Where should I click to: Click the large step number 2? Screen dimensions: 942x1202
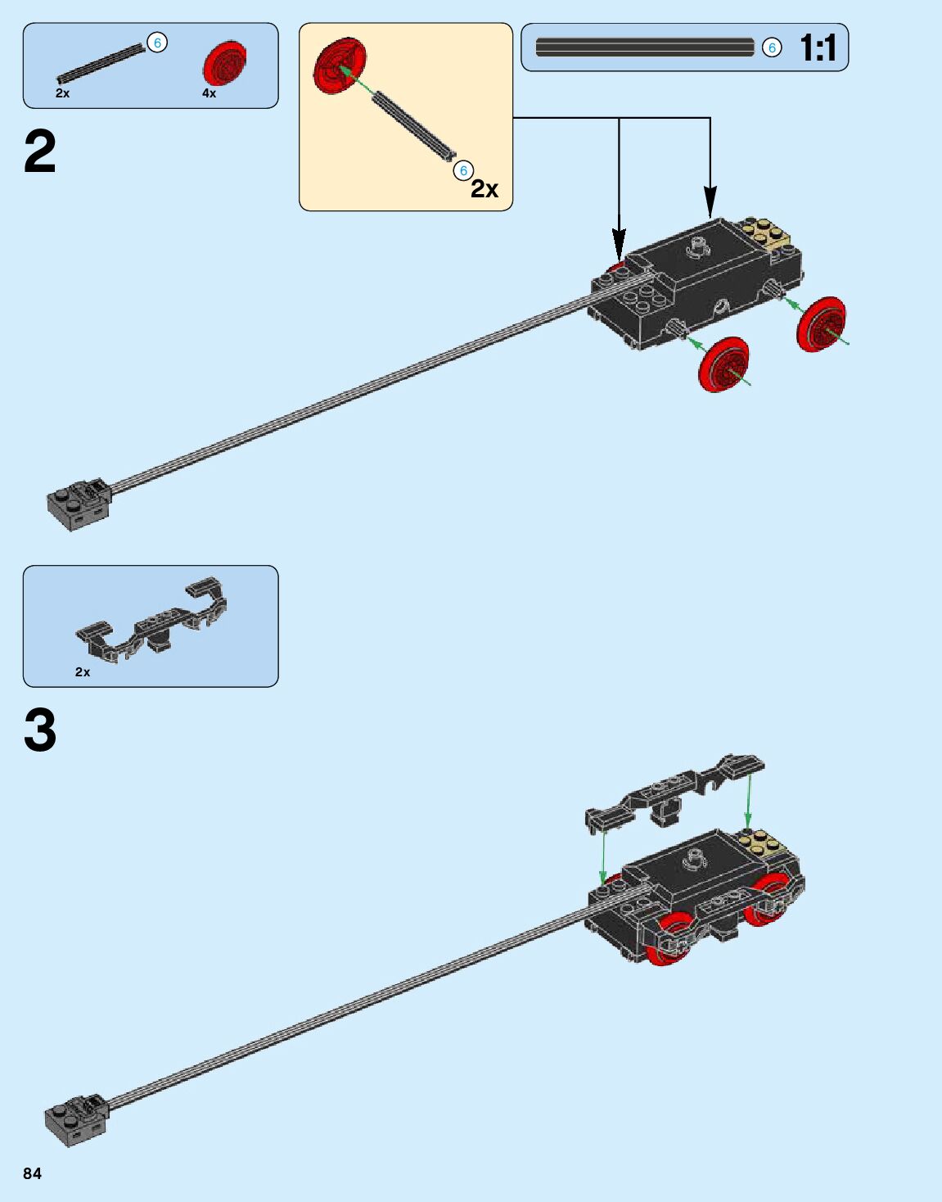coord(40,152)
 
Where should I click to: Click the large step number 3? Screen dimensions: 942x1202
coord(40,730)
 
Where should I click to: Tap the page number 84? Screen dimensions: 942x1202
coord(32,1173)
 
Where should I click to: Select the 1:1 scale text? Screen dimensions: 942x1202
coord(818,48)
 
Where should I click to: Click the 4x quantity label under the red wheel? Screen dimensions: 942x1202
coord(210,93)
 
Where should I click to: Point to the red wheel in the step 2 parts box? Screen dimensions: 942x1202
coord(224,63)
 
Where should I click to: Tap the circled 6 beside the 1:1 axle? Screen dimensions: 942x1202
coord(772,48)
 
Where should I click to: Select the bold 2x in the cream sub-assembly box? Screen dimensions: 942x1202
coord(485,190)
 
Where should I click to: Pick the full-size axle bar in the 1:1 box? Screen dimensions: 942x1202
coord(645,47)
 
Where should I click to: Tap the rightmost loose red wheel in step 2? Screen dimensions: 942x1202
coord(821,324)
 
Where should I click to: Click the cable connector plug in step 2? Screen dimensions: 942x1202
coord(79,504)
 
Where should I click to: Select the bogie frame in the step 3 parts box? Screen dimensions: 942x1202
coord(152,619)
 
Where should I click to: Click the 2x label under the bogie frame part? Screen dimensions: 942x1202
coord(83,672)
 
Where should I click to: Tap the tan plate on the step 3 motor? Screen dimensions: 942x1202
coord(761,843)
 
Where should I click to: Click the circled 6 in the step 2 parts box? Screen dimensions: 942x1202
coord(157,43)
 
